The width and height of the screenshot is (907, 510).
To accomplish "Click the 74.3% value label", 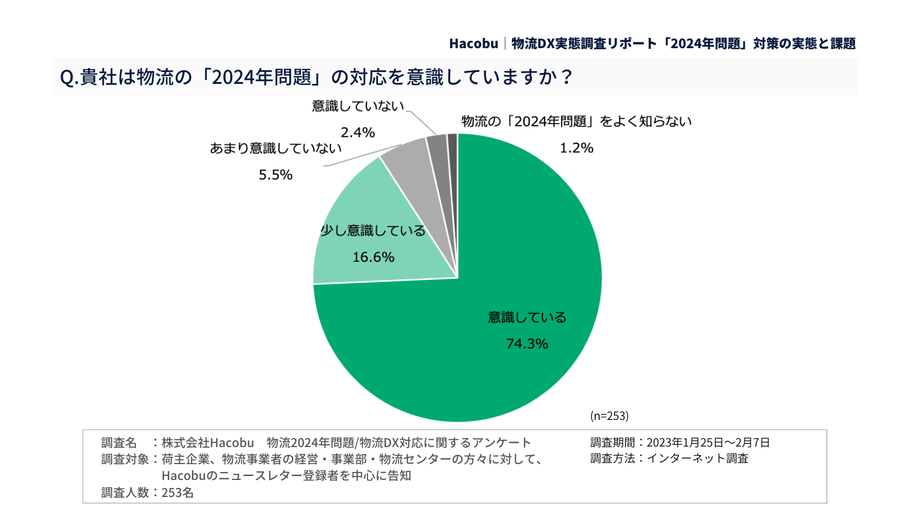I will click(527, 344).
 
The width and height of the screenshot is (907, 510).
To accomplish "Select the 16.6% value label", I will click(373, 257).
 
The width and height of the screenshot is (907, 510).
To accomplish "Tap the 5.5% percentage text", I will click(276, 175).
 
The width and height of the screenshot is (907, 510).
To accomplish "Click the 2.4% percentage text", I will click(358, 133).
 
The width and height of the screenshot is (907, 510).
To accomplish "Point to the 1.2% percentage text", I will click(577, 148).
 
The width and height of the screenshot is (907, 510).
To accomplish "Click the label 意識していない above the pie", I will click(358, 106).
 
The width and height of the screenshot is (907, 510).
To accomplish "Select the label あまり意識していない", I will click(276, 148).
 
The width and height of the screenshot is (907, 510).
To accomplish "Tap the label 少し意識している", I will click(373, 231).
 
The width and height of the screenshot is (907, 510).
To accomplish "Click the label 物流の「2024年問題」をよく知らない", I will click(577, 121).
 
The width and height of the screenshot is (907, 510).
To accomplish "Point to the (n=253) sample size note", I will click(609, 416).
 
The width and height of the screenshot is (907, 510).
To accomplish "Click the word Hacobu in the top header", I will click(473, 44).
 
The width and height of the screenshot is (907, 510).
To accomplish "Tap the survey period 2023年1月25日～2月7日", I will click(708, 443).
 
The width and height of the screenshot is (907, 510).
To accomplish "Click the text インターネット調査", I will click(697, 458).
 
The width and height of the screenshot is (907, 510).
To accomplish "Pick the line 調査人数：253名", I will click(147, 493).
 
